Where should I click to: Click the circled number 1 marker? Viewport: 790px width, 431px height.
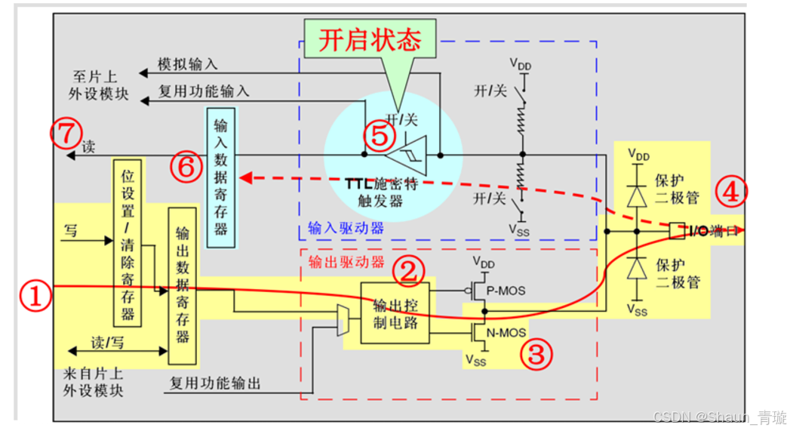(39, 297)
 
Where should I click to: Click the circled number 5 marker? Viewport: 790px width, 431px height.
(379, 135)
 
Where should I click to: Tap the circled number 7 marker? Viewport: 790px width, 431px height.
(66, 134)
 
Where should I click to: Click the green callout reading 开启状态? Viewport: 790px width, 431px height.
(370, 40)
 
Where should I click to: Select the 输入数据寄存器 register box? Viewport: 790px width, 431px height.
(221, 176)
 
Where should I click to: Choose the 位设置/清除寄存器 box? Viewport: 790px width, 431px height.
(128, 242)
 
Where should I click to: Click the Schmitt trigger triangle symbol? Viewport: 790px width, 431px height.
(407, 154)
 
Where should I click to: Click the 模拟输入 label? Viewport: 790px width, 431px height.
(186, 64)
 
